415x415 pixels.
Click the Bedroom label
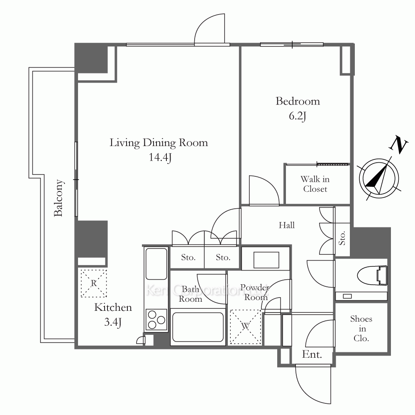click(298, 101)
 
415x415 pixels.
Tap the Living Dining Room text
click(159, 143)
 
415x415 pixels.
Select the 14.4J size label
click(160, 157)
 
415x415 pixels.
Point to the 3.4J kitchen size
click(113, 322)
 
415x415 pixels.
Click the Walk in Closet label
click(315, 184)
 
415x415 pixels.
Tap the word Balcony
click(59, 198)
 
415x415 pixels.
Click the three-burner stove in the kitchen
click(156, 320)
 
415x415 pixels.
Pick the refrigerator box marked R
click(94, 283)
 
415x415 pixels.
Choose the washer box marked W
click(245, 327)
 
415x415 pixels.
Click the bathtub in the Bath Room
click(198, 327)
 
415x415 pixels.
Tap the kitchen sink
click(156, 264)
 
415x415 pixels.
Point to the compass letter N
click(398, 145)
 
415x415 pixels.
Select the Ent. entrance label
click(312, 354)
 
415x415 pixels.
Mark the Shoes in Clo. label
click(361, 328)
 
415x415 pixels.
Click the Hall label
click(287, 225)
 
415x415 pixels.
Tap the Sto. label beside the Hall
click(342, 238)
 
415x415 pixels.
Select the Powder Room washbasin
click(266, 260)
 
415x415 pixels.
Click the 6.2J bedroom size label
click(298, 116)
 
